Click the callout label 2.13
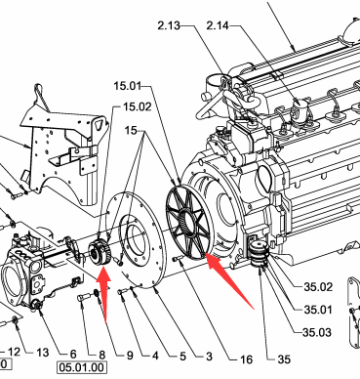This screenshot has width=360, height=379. point(169,25)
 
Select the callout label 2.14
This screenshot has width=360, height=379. point(218,25)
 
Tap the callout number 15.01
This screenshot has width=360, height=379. point(128,86)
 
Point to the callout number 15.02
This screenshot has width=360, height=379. point(138,106)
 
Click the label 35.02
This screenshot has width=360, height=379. point(318,287)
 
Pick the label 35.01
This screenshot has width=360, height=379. point(318,310)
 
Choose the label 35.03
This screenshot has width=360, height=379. point(317,332)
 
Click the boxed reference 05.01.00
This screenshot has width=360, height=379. point(82,367)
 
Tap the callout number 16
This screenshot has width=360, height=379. point(247,359)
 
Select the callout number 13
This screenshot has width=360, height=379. point(43,353)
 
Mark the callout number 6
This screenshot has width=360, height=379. point(73,354)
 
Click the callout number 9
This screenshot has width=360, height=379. point(130,356)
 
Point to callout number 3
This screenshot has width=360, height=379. point(209,357)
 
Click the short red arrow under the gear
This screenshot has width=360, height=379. point(103,293)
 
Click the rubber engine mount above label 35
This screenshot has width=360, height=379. point(260,252)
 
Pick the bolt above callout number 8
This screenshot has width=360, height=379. point(83,297)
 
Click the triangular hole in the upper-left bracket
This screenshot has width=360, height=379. point(100,124)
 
